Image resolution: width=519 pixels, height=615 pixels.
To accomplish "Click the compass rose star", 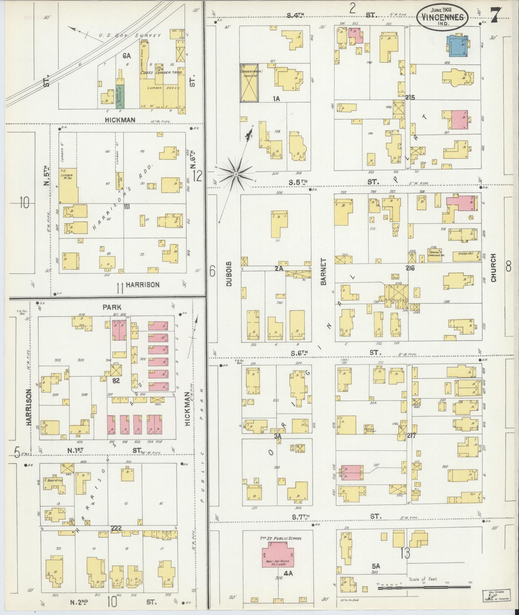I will coord(236,174).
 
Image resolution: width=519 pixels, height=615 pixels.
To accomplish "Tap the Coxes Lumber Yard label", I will coord(161,73).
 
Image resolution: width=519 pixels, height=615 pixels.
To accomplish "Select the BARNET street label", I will coord(323,272).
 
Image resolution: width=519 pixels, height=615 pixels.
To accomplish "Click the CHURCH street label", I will coord(494,267).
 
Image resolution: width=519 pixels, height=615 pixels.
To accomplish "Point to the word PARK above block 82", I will coord(112,307).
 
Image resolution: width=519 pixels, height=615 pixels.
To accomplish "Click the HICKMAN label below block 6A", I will coord(120,120).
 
